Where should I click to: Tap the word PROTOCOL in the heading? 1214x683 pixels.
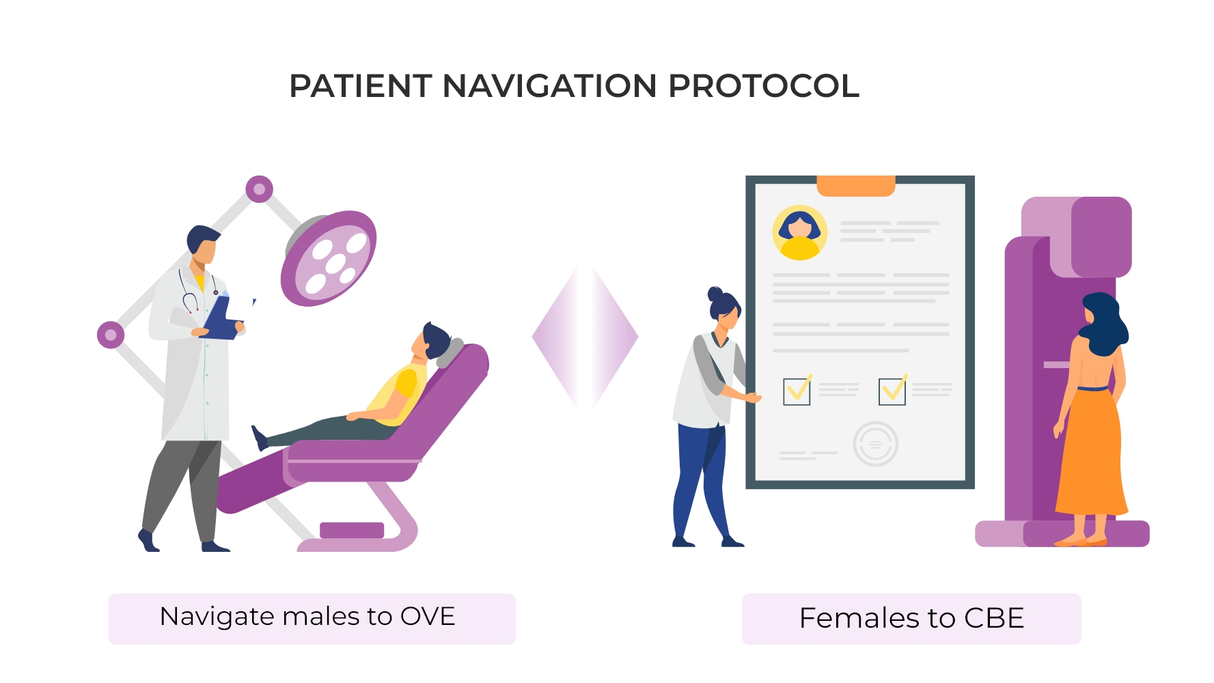coord(763,87)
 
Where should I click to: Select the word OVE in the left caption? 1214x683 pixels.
coord(427,617)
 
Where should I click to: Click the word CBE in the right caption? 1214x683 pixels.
coord(993,619)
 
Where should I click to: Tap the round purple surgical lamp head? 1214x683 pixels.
coord(329,258)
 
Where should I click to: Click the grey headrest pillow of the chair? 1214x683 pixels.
coord(450,352)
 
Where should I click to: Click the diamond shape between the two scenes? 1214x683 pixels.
coord(585,337)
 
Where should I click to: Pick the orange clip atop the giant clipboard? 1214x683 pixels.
coord(855,186)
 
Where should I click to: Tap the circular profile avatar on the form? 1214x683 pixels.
coord(799,232)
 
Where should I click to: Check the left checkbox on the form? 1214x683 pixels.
coord(797,392)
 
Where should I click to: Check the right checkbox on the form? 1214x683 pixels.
coord(892,392)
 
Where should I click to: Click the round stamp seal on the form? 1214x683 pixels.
coord(875,444)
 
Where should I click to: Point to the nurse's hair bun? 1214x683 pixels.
coord(715,294)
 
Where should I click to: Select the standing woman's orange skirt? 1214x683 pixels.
coord(1091,454)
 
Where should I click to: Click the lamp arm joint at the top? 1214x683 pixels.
coord(260,189)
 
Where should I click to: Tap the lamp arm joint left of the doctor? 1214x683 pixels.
coord(111,335)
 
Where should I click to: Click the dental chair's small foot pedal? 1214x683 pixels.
coord(351,530)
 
